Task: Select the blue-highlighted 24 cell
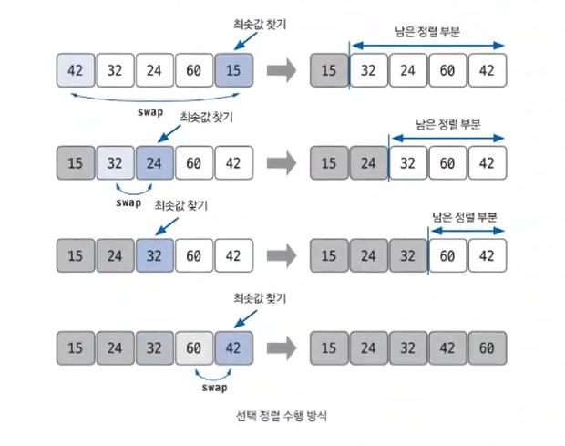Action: point(156,164)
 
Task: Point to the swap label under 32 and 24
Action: point(130,203)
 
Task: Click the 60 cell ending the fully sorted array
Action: point(486,347)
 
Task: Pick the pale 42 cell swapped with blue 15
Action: point(76,70)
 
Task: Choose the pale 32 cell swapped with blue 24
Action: point(116,164)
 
